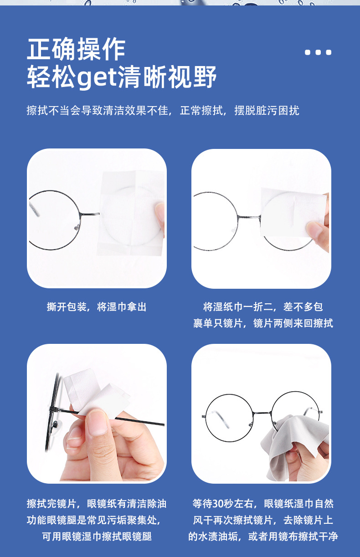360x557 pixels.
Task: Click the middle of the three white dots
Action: point(318,52)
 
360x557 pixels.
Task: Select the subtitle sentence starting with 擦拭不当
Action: point(163,111)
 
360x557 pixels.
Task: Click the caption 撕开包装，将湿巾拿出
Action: point(97,307)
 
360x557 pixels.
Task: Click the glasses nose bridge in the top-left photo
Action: point(89,213)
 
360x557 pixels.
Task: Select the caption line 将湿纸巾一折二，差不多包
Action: point(263,307)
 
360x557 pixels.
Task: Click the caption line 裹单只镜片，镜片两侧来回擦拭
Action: point(263,323)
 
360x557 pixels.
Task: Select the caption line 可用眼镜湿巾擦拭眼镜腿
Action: point(97,537)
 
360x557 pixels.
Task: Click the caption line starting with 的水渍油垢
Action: point(263,537)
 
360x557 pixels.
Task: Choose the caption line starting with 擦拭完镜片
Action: point(97,504)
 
